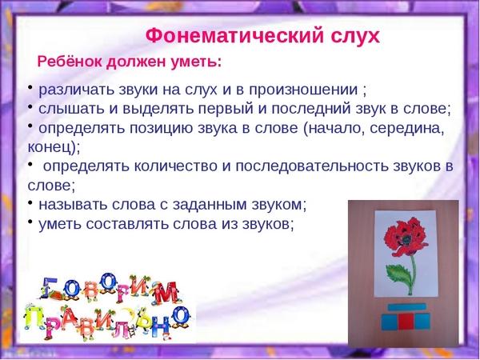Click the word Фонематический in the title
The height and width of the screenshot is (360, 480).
[x=234, y=36]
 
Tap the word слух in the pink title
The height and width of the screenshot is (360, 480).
[x=355, y=37]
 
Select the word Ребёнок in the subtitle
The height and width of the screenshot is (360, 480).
[x=70, y=62]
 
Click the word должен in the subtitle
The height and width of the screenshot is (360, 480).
[x=136, y=62]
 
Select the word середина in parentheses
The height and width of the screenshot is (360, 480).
[x=406, y=129]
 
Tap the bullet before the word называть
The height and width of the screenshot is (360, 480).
[x=30, y=202]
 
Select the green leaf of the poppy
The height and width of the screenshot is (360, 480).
[x=398, y=275]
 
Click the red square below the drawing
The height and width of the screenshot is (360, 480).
[x=406, y=322]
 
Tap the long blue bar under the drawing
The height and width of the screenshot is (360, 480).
[x=407, y=307]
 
